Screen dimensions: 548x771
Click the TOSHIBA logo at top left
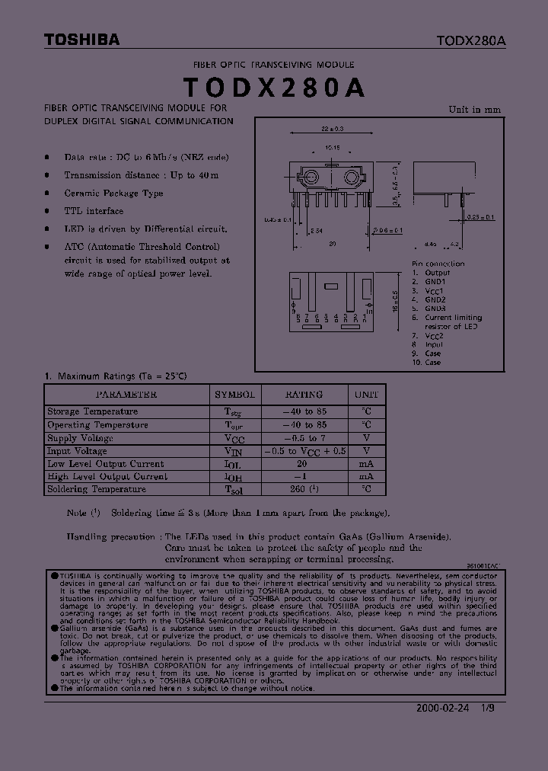click(81, 40)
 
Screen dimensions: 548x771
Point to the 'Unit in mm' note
click(475, 109)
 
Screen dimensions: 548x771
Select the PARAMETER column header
click(126, 395)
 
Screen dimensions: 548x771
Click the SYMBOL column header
click(234, 395)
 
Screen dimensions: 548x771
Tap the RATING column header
click(304, 395)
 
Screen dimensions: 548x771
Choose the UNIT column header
click(367, 395)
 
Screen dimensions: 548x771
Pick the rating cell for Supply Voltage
click(304, 438)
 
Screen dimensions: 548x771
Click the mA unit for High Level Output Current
click(367, 476)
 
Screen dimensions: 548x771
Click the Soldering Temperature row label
click(97, 489)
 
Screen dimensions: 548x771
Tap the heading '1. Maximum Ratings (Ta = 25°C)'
click(116, 376)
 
